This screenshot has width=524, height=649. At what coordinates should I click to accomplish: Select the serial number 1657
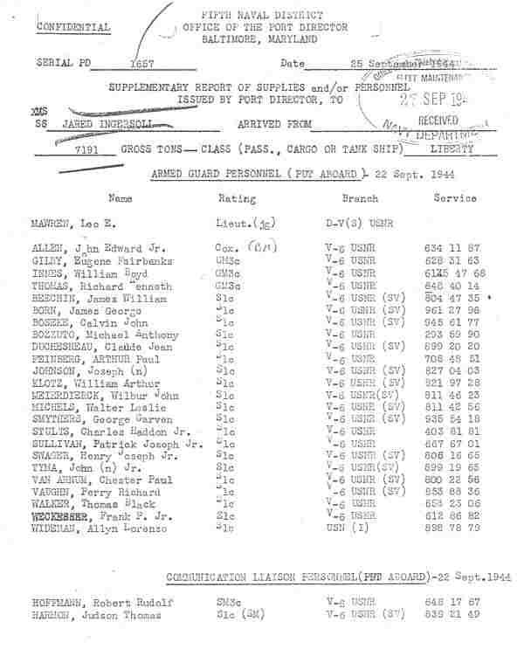pyautogui.click(x=141, y=65)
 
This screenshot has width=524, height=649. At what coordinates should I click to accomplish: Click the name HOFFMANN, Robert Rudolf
pyautogui.click(x=97, y=602)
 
